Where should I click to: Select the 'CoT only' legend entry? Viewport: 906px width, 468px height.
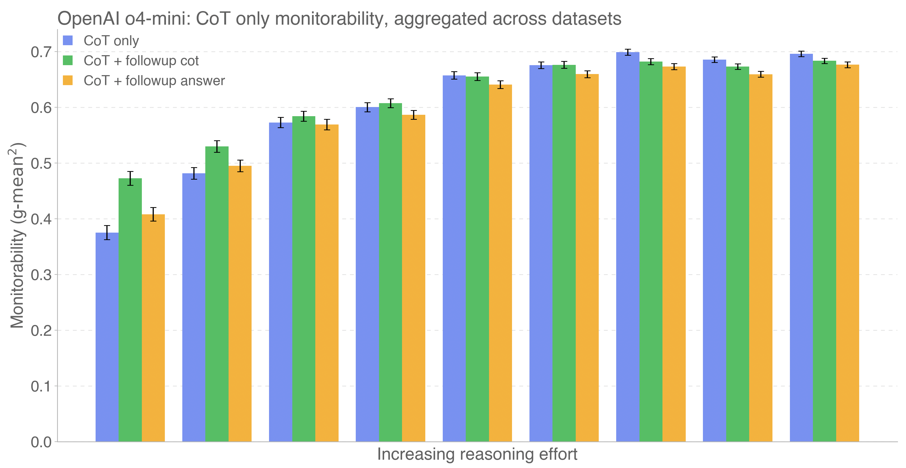click(111, 41)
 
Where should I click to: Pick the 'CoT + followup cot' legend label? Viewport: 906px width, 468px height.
click(141, 61)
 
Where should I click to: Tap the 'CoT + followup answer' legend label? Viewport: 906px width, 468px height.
click(154, 81)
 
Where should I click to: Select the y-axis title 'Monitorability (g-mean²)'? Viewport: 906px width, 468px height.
click(17, 235)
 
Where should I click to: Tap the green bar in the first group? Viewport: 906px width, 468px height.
click(130, 310)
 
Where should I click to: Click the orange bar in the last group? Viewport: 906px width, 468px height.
click(848, 253)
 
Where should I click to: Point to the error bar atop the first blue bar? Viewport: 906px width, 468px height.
click(107, 233)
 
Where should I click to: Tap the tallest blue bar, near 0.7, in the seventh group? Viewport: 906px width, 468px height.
click(628, 246)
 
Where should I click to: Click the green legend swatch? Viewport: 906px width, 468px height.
click(68, 60)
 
